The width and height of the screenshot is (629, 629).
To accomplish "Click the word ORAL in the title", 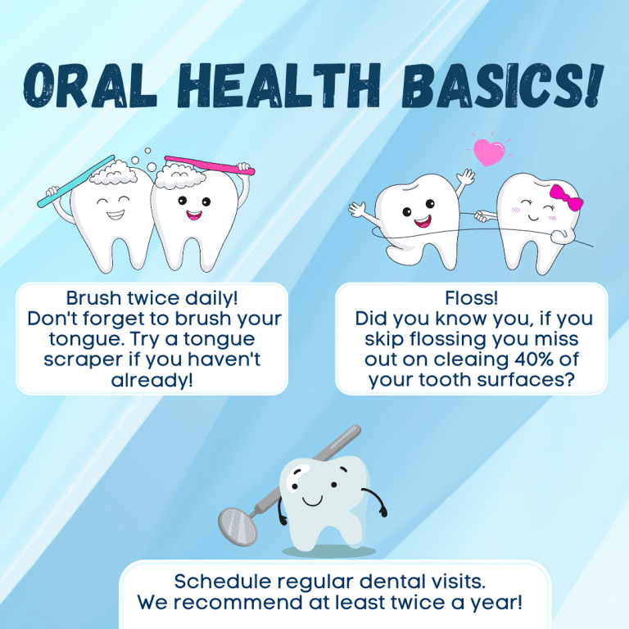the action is (x=90, y=86).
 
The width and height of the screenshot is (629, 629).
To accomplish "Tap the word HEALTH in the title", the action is (x=278, y=86).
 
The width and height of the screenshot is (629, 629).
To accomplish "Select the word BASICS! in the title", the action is (x=504, y=86).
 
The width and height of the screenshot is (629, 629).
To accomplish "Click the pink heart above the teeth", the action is (x=489, y=152).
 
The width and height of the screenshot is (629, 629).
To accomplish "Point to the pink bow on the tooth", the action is (x=566, y=197).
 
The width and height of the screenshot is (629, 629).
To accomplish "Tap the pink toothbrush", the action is (x=210, y=165).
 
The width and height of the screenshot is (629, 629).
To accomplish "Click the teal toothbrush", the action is (x=76, y=181).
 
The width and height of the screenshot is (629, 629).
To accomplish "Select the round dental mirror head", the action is (x=238, y=527).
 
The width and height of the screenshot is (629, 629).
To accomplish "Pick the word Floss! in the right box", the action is (x=472, y=298).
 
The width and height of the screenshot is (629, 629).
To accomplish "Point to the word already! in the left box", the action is (x=152, y=380).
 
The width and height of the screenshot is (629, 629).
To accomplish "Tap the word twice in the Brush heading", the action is (x=153, y=298).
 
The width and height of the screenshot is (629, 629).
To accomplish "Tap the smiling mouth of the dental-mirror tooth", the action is (x=313, y=501).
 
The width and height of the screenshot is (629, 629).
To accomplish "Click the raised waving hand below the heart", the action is (x=465, y=177).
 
